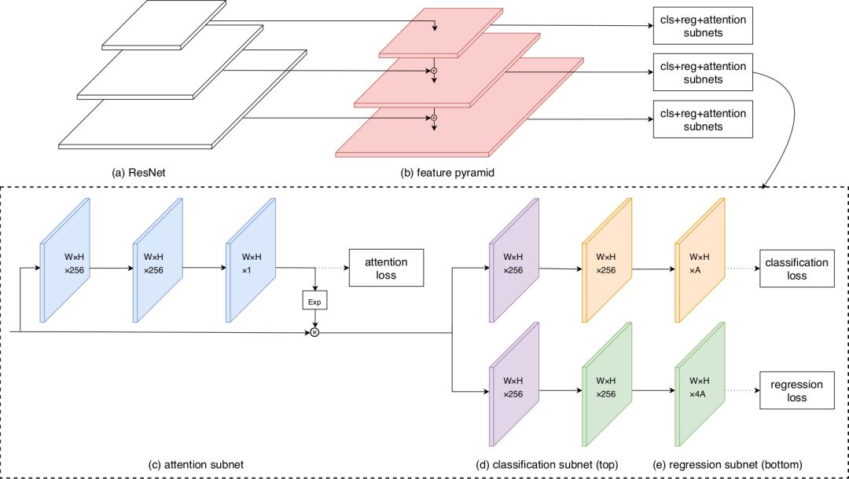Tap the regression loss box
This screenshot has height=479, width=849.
point(795,391)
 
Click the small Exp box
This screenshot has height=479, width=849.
point(314,301)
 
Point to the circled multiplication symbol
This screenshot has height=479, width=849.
point(314,332)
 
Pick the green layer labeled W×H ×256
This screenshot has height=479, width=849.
point(606,388)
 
